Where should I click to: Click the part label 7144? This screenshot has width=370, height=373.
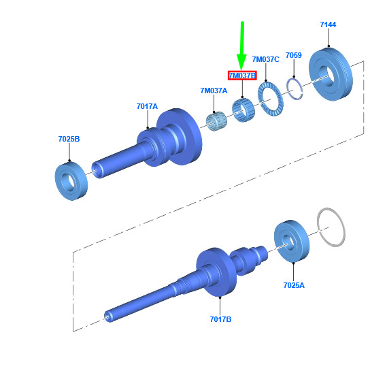click(328, 25)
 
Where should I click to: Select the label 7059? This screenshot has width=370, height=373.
click(293, 55)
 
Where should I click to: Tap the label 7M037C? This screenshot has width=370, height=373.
click(266, 59)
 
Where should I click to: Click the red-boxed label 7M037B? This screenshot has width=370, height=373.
click(242, 76)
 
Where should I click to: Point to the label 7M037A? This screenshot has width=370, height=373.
click(214, 91)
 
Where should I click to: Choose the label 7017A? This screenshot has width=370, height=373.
click(147, 106)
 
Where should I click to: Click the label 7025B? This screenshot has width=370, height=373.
click(69, 139)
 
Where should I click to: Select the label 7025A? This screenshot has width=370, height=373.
click(294, 285)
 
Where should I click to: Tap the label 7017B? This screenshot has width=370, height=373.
click(220, 319)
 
